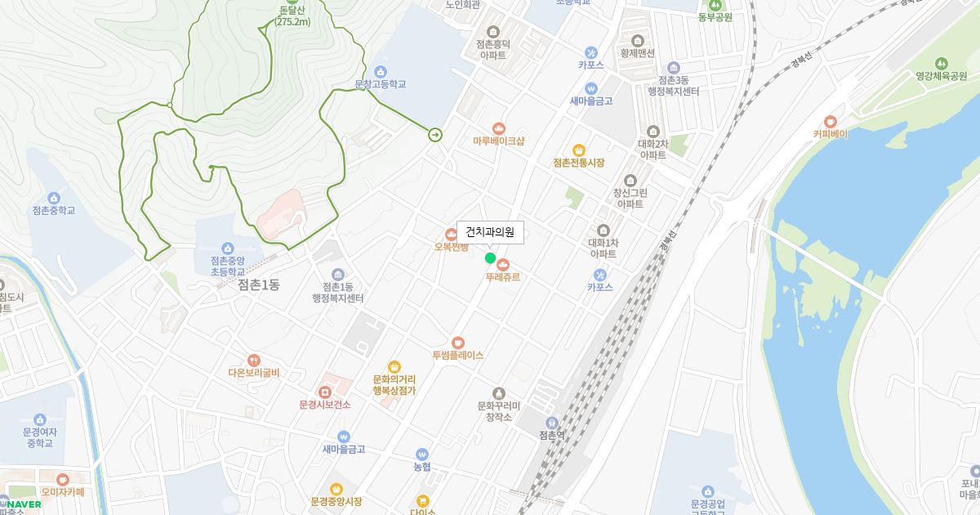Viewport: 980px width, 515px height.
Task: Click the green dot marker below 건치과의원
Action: [490, 258]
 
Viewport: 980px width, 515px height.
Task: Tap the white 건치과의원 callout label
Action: [490, 232]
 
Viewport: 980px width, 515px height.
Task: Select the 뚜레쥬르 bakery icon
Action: [502, 264]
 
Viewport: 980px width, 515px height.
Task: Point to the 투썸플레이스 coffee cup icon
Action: [457, 342]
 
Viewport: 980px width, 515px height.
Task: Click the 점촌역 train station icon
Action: [552, 422]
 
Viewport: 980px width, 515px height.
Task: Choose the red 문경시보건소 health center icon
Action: [324, 392]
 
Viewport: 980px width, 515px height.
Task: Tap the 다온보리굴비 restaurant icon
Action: [254, 360]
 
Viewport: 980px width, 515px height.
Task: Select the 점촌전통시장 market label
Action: [578, 163]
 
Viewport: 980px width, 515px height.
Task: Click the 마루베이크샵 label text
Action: [498, 141]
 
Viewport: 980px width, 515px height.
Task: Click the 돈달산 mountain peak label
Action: [292, 16]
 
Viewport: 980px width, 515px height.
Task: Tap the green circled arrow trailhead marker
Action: [435, 134]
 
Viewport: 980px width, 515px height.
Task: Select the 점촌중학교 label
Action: [53, 210]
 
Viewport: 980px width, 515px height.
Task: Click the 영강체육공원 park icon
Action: [941, 62]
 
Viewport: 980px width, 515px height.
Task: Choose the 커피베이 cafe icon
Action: [831, 121]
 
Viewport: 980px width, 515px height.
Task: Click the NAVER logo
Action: [23, 504]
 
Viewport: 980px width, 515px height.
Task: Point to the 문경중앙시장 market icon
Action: [336, 489]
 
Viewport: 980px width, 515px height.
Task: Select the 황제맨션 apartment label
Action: [638, 52]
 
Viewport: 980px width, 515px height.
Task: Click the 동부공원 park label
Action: [715, 17]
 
